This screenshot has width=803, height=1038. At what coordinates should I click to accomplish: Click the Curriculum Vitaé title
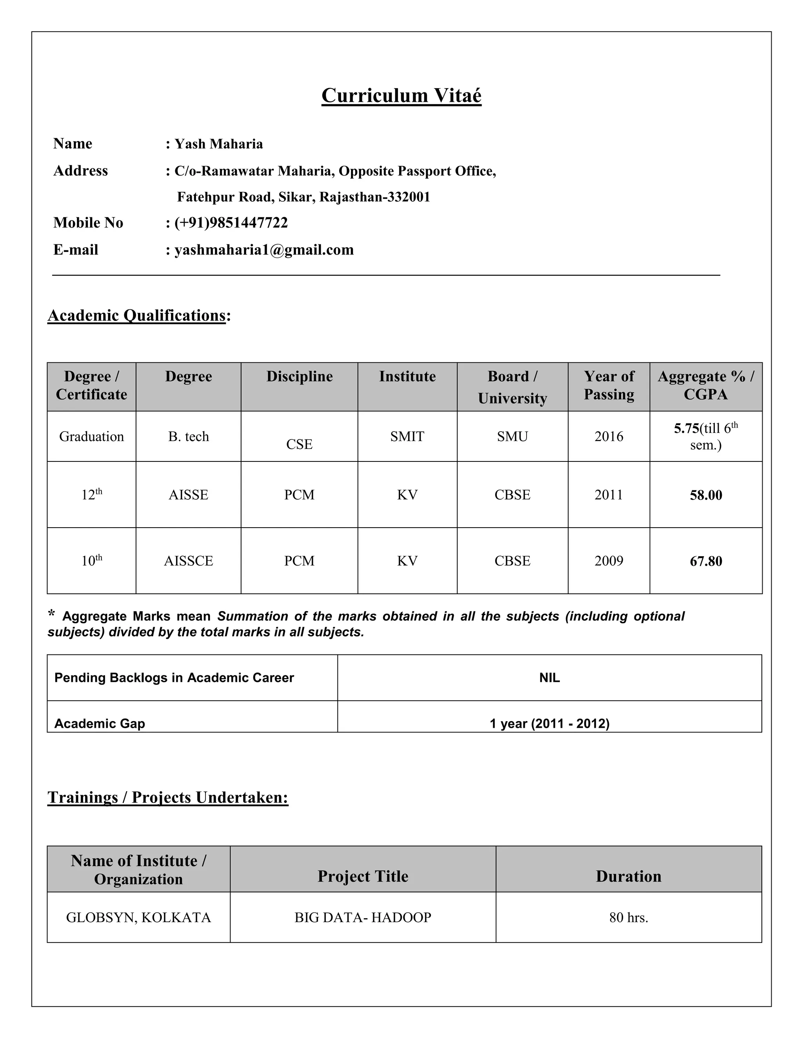coord(401,96)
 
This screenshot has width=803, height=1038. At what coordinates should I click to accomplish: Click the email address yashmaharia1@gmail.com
coord(264,250)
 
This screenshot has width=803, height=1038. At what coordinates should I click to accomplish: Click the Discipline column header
coord(299,376)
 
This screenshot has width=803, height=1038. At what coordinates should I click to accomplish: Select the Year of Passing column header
coord(609,385)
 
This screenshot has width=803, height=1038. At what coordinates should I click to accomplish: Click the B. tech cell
coord(188,436)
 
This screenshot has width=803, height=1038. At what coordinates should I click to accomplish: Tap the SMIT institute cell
coord(407,436)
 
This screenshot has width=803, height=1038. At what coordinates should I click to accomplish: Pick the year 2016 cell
coord(609,436)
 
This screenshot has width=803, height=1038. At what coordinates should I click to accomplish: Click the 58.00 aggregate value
coord(705,495)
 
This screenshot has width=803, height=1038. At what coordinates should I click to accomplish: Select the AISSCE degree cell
coord(188,561)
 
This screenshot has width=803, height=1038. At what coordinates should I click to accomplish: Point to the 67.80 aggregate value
coord(705,561)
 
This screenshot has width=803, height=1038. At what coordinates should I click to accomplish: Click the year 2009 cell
coord(609,561)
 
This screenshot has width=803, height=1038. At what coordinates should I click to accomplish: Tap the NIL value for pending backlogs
coord(549,678)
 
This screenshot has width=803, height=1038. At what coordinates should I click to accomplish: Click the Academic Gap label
coord(100,723)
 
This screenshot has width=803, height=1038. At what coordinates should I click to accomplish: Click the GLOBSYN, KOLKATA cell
coord(138,917)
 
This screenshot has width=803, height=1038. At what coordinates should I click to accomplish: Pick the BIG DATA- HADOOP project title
coord(363,917)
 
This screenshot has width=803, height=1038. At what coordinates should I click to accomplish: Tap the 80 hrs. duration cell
coord(629,917)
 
